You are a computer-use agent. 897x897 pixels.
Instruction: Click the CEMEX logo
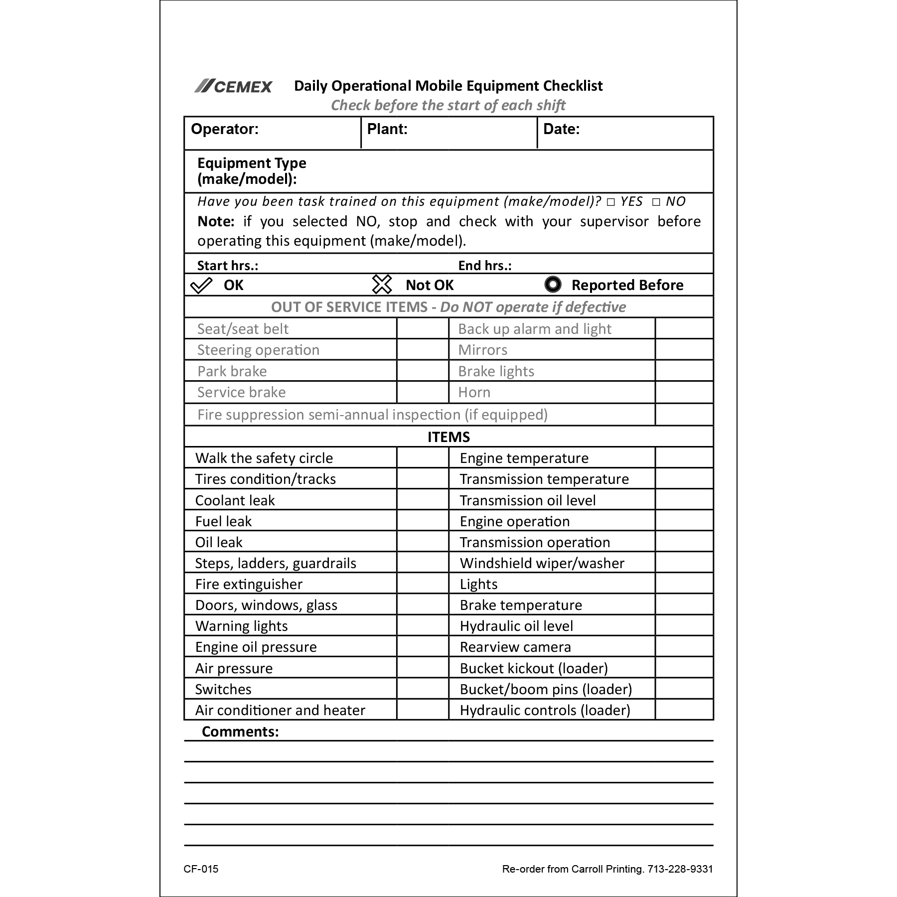tap(233, 86)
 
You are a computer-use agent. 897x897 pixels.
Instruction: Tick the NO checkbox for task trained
tap(656, 202)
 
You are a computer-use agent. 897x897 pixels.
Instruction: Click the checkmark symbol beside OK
tap(201, 286)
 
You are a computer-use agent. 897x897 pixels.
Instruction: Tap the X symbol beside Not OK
tap(382, 285)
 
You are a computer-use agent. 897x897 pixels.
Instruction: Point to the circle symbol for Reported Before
tap(553, 285)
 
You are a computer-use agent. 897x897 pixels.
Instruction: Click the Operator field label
tap(225, 129)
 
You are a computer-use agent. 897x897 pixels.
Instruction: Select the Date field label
tap(561, 129)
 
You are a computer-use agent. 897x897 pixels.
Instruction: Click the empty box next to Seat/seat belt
tap(423, 329)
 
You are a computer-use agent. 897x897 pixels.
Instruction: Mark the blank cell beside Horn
tap(684, 392)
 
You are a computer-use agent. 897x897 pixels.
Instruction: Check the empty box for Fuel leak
tap(423, 521)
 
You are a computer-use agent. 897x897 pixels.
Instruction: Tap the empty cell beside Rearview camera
tap(684, 646)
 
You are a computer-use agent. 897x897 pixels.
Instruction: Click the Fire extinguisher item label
tap(249, 584)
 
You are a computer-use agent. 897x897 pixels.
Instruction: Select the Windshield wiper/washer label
tap(542, 563)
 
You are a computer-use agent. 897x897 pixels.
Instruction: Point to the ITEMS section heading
tap(448, 437)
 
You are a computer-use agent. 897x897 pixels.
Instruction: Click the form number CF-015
tap(201, 869)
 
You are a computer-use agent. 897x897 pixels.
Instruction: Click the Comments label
tap(240, 731)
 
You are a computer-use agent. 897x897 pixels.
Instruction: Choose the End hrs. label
tap(485, 266)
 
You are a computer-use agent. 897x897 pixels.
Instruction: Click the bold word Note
tap(216, 221)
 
